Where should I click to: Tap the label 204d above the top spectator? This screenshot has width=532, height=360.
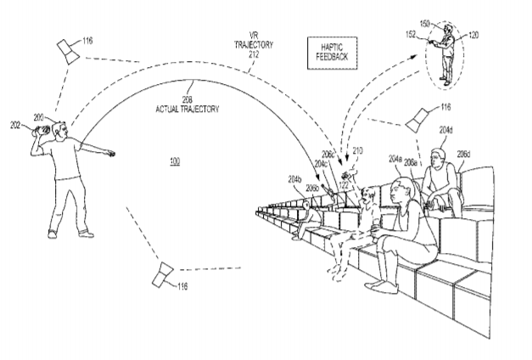(446, 129)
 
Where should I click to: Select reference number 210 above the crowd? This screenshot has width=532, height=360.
(358, 149)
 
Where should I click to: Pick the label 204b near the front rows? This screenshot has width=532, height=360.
(295, 180)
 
